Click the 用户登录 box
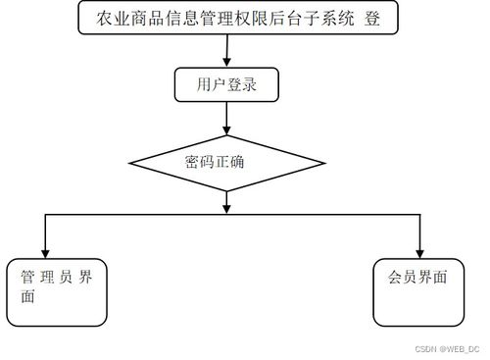click(x=226, y=84)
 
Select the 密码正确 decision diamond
click(x=226, y=161)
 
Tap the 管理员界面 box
click(x=56, y=291)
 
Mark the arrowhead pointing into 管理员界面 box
click(x=45, y=250)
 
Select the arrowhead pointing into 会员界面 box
click(x=420, y=250)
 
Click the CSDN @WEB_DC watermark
click(x=447, y=348)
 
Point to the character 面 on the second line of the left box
click(x=28, y=297)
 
